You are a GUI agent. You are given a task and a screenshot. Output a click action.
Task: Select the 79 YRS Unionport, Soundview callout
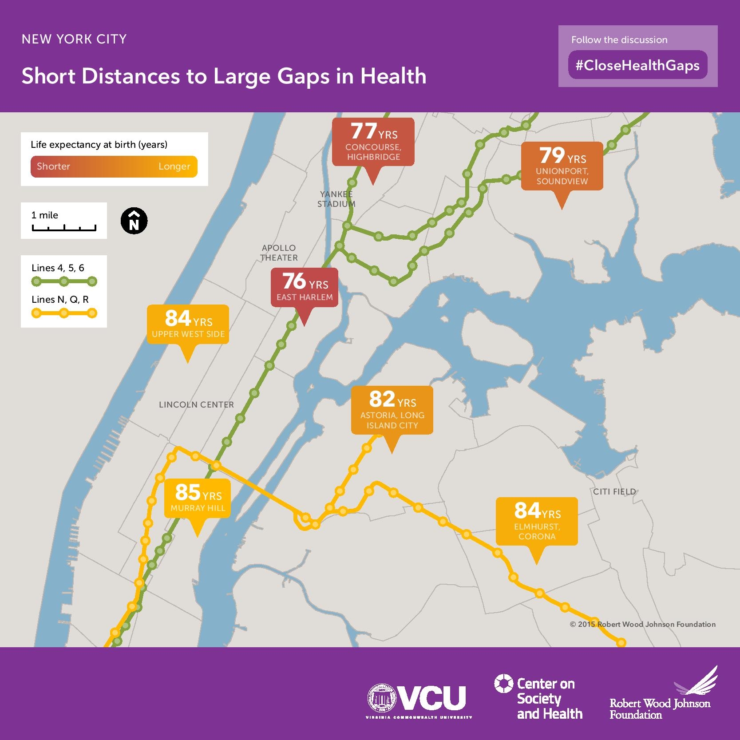tap(562, 166)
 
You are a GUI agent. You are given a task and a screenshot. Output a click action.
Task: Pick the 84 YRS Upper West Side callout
tap(188, 324)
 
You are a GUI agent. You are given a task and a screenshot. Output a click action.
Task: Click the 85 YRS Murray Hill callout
tap(198, 498)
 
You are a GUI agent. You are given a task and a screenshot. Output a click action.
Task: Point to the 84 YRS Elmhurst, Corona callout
tap(537, 521)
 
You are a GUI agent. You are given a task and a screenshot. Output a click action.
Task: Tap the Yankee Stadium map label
tap(336, 199)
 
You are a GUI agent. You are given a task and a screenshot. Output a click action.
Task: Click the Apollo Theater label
tap(279, 253)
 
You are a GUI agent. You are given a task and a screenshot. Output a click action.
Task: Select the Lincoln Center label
tap(196, 404)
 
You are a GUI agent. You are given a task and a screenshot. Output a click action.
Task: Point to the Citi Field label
tap(614, 491)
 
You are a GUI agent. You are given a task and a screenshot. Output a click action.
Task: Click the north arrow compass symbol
tap(134, 221)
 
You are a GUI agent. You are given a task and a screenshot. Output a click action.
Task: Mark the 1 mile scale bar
tap(64, 228)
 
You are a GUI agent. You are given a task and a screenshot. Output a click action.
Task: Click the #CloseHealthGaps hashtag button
tap(637, 66)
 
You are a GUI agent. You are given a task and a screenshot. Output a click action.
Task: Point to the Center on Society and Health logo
tap(538, 698)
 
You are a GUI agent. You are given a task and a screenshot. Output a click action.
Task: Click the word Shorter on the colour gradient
tap(53, 166)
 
